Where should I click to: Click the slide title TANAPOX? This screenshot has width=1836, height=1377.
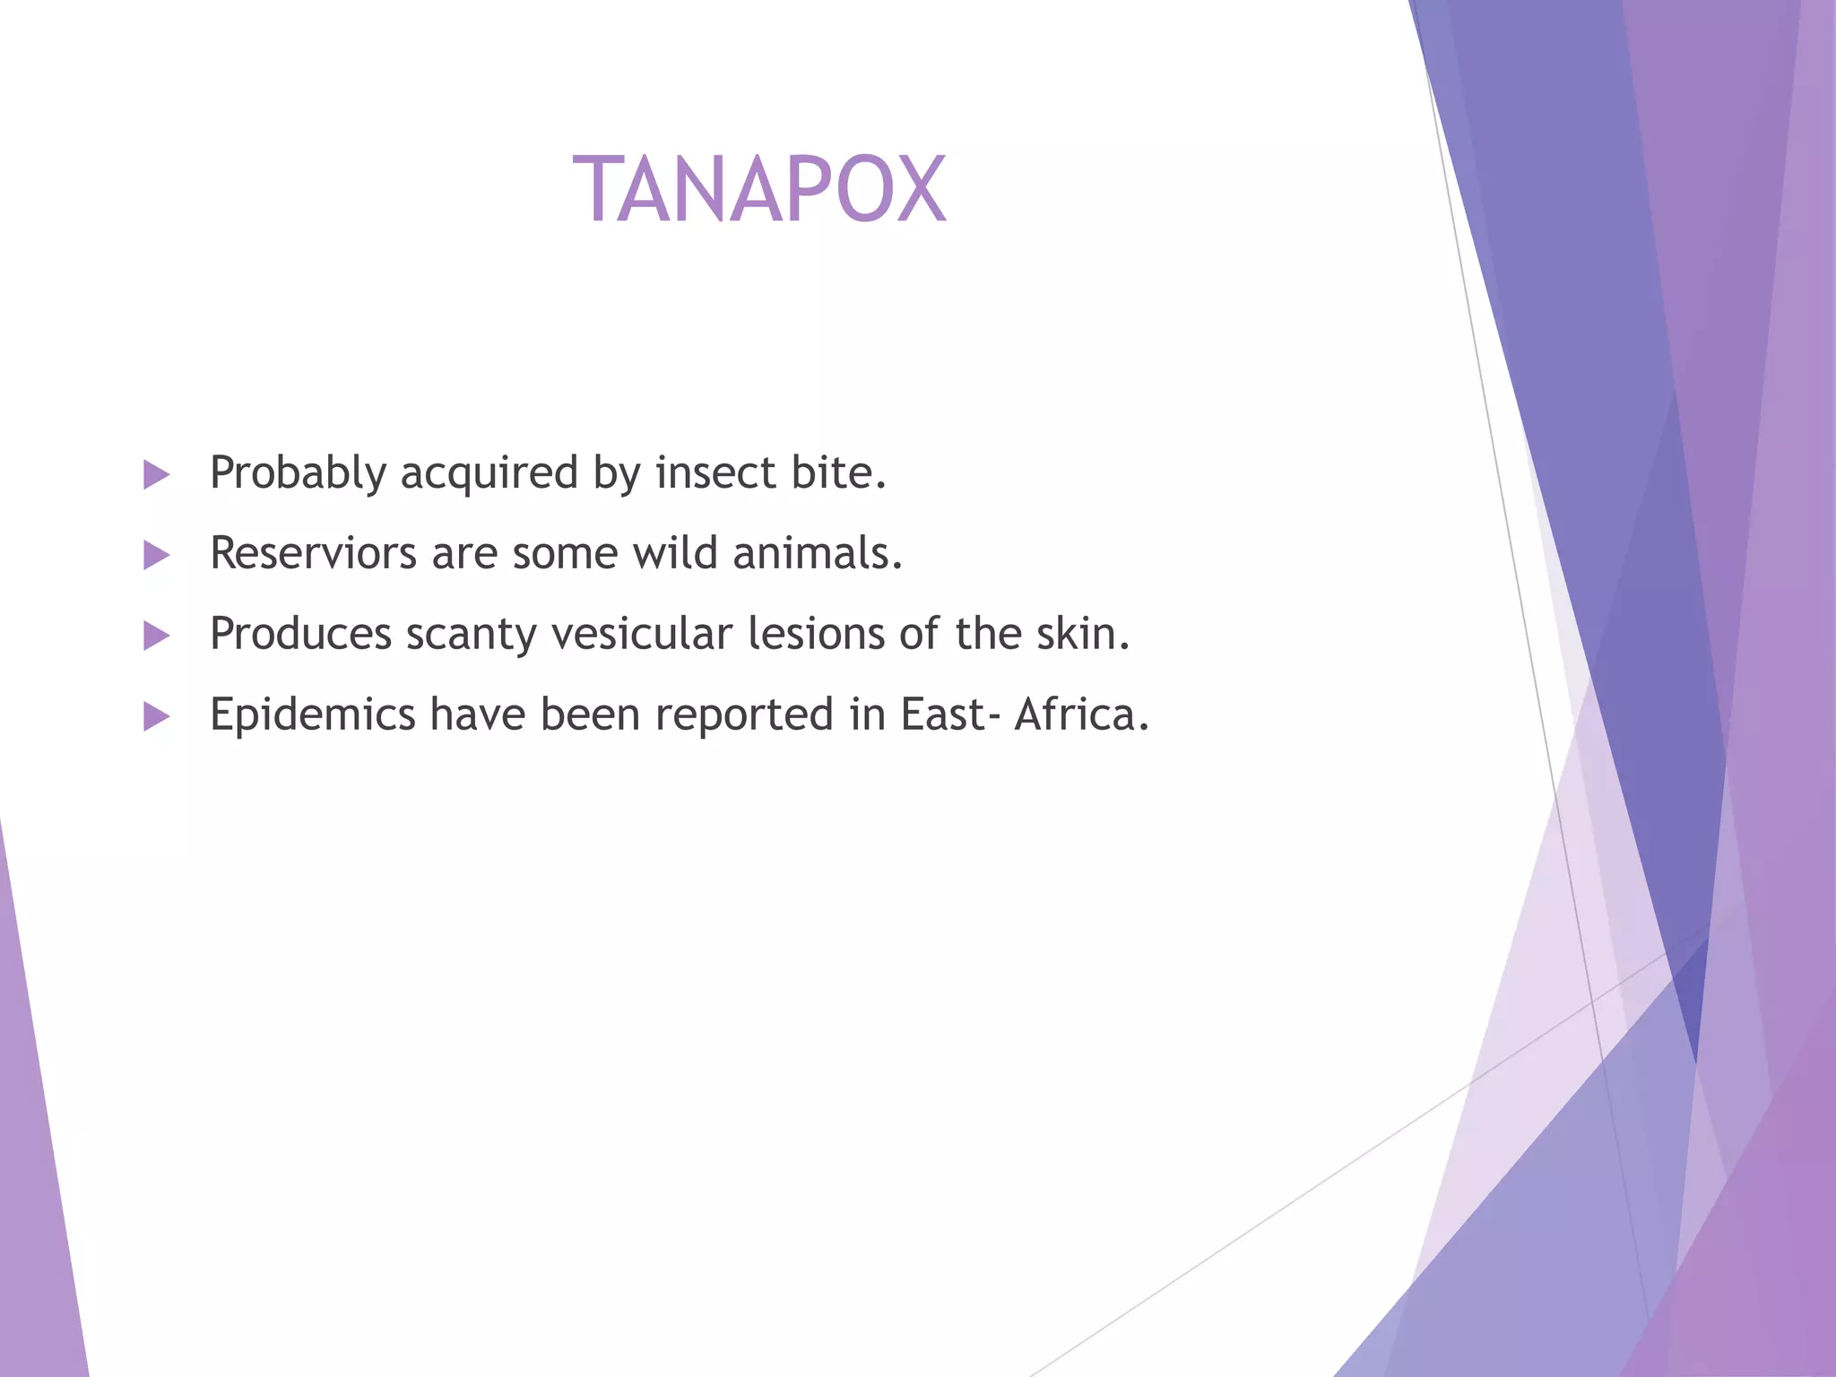click(759, 189)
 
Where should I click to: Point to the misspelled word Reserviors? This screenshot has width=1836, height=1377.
click(313, 553)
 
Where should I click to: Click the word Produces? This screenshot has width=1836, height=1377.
click(300, 634)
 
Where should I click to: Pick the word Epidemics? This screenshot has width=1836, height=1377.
click(312, 715)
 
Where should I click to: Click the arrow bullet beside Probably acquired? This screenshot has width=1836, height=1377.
click(156, 475)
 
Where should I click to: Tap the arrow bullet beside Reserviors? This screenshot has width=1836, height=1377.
click(156, 556)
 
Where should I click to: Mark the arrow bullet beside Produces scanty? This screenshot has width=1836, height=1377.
click(156, 637)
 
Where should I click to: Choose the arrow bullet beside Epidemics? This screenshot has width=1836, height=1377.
click(156, 717)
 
